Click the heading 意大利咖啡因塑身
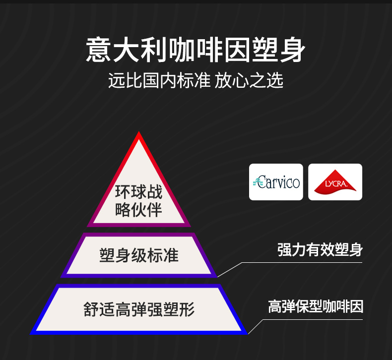(196, 50)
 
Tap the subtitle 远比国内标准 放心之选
(196, 80)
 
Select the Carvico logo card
(276, 182)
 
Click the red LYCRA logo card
(335, 182)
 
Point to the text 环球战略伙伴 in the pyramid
(139, 201)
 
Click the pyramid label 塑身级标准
(139, 255)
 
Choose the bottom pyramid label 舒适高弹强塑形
(139, 309)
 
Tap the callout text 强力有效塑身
(320, 250)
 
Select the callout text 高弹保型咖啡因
(316, 306)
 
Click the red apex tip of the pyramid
(139, 135)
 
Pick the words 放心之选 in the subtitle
(249, 80)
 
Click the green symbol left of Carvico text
(255, 182)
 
